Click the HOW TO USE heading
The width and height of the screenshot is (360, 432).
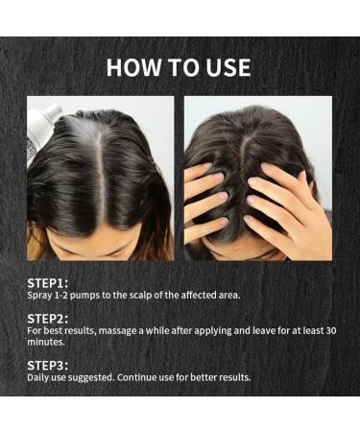coord(179,67)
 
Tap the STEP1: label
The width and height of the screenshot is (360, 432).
coord(48,282)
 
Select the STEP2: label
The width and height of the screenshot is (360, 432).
coord(48,317)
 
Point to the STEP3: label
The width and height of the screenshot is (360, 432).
coord(48,364)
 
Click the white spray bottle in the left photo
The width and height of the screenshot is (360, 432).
coord(39,124)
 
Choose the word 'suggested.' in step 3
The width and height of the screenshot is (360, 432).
coord(92,376)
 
